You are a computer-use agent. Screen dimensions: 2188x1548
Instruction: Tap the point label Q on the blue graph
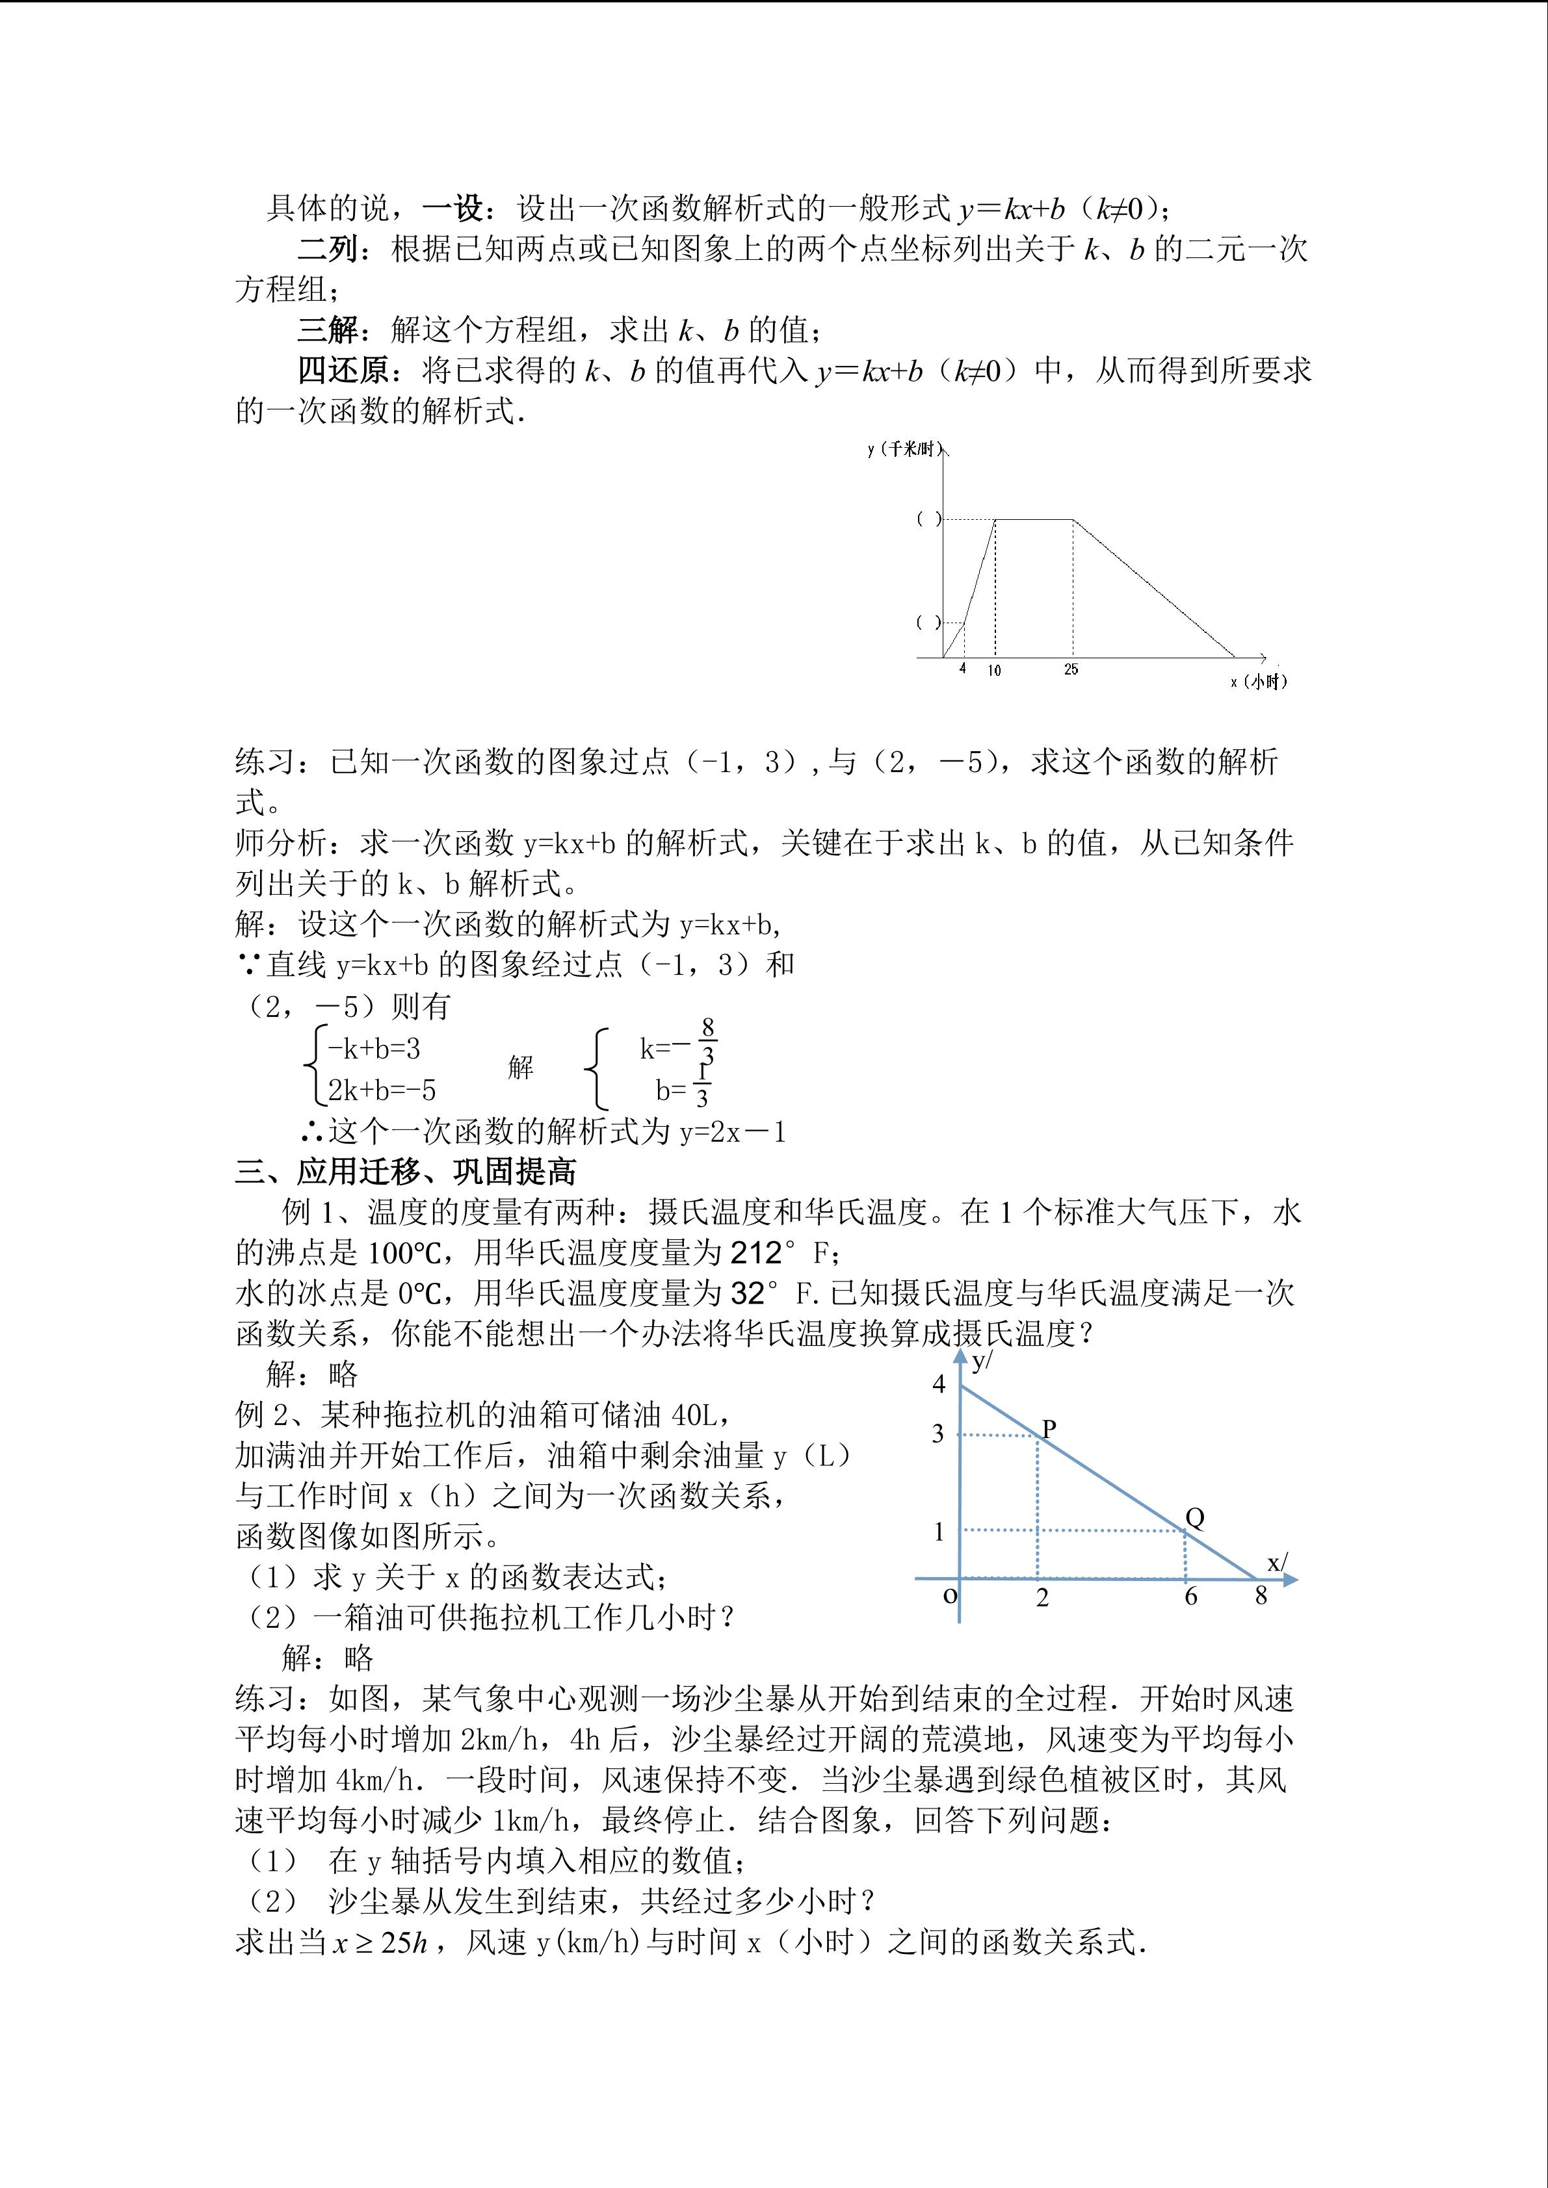tap(1194, 1518)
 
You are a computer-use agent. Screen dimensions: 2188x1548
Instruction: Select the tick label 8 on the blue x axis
tap(1261, 1595)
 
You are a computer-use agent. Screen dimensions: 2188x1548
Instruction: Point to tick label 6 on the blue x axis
tap(1190, 1595)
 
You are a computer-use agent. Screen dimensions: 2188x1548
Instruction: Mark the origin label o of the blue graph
tap(949, 1593)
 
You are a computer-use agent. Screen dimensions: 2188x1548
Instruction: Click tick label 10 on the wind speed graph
tap(994, 671)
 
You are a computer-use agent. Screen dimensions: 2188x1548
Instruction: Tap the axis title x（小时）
tap(1258, 682)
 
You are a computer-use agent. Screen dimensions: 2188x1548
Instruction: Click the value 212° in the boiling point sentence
tap(763, 1252)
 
